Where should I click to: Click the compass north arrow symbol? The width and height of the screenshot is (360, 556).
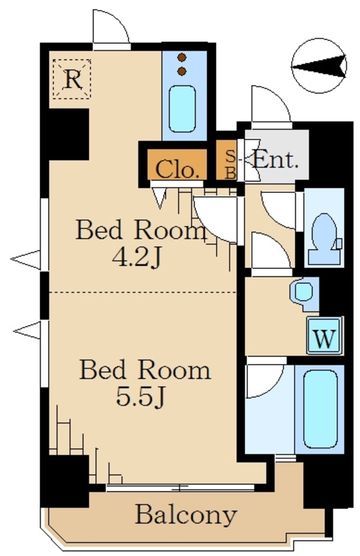[319, 66]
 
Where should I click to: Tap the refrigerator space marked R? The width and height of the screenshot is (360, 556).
[72, 79]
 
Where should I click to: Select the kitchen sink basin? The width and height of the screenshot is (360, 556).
[182, 109]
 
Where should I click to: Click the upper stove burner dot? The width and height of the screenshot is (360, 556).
[182, 57]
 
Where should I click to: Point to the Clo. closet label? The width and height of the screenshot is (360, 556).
[176, 170]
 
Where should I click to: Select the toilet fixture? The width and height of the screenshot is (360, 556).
[324, 239]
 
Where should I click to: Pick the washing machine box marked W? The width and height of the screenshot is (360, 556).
[325, 335]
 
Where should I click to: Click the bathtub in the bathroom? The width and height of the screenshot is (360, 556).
[320, 409]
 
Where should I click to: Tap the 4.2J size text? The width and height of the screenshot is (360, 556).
[137, 257]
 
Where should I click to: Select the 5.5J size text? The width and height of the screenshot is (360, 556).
[140, 396]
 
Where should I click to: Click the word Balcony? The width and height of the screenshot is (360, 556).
[186, 516]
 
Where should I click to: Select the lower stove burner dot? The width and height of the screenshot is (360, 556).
[182, 71]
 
